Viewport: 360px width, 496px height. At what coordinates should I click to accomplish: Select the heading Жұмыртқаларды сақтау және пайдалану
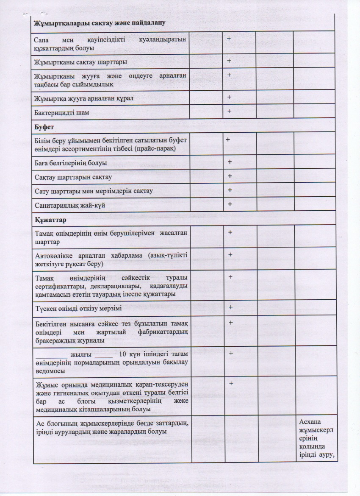[100, 22]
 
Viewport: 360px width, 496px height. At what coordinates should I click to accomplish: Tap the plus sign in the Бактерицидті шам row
[229, 111]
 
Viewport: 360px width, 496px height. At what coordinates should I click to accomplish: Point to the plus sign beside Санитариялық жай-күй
[230, 204]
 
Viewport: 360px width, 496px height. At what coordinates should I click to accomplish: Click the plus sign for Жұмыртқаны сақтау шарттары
[229, 61]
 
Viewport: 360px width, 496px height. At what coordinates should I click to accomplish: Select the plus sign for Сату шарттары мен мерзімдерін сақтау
[230, 190]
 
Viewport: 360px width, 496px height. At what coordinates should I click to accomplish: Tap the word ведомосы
[50, 371]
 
